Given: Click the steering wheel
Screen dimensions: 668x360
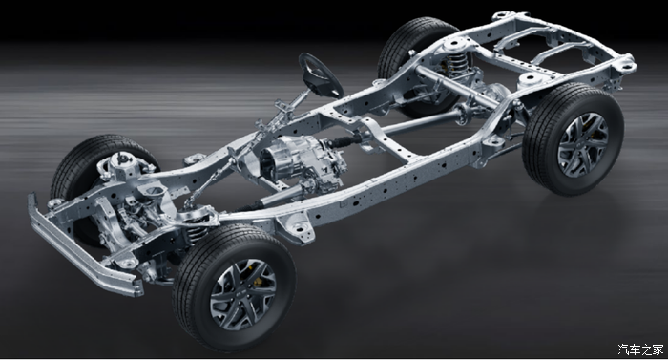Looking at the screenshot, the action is [321, 75].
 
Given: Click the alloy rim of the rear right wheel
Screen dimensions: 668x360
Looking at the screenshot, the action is [583, 144].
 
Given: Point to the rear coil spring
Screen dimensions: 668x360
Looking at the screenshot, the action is [457, 63].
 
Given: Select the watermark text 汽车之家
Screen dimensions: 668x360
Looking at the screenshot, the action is [640, 349].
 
